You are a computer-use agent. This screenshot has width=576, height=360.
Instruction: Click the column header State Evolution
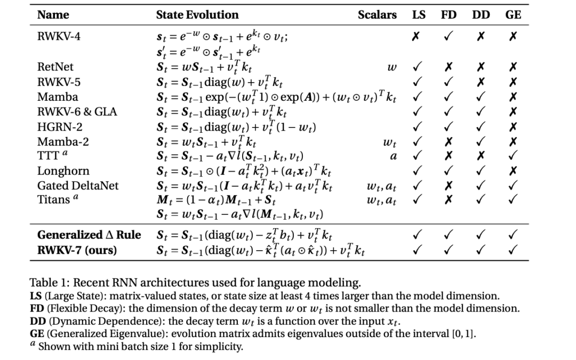[197, 15]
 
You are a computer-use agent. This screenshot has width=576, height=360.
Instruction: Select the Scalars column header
[377, 15]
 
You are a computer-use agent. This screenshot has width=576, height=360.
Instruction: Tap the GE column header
[513, 15]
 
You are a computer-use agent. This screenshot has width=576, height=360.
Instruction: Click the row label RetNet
[55, 67]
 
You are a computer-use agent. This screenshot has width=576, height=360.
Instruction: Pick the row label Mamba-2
[58, 141]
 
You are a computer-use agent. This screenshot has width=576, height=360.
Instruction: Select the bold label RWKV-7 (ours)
[77, 249]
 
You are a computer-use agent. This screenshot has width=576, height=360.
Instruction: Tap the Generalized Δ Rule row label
[89, 235]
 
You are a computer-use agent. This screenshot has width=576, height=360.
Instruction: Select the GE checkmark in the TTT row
[513, 156]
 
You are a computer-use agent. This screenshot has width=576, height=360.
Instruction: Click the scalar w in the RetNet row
[392, 68]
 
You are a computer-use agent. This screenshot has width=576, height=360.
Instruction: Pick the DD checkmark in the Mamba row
[481, 97]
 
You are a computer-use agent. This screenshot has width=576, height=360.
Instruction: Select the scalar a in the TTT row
[394, 157]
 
